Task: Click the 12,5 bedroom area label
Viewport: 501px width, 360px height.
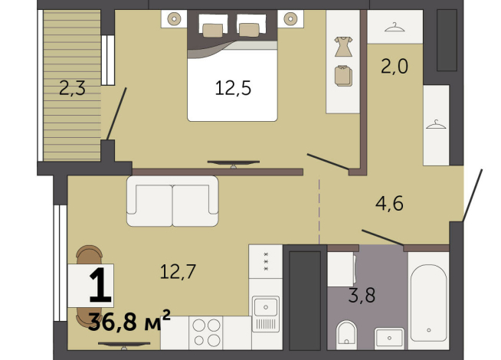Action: tap(233, 87)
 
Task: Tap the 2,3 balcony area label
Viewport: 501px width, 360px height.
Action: tap(72, 88)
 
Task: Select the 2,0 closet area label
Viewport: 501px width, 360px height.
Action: tap(395, 67)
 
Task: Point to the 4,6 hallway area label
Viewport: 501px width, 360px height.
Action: tap(388, 204)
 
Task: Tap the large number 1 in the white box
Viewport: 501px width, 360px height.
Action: tap(99, 287)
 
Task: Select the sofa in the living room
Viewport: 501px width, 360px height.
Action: tap(172, 201)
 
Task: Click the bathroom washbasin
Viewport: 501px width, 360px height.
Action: tap(390, 337)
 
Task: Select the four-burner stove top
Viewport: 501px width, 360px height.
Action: tap(205, 333)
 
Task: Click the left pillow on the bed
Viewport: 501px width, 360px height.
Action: tap(212, 29)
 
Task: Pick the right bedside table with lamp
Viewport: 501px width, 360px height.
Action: tap(291, 18)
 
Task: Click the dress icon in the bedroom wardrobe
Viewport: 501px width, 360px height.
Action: tap(342, 45)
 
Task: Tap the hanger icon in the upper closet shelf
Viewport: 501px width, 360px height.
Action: tap(395, 27)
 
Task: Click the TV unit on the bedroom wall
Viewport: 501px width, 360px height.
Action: tap(234, 162)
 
